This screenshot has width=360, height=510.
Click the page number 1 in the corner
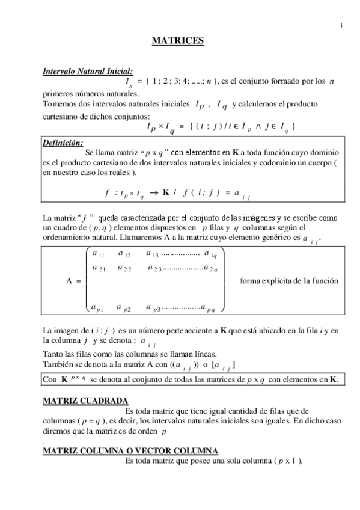point(341,25)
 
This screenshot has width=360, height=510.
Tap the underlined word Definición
point(63,143)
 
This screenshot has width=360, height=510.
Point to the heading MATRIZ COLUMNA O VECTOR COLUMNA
point(130,451)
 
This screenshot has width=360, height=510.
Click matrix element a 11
point(99,254)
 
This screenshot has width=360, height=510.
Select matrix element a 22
point(124,268)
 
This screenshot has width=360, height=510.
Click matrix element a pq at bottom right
point(212,309)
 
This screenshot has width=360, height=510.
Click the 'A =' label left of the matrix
point(73,281)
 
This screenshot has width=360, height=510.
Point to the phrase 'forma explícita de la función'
point(288,281)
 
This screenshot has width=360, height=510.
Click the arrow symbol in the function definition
point(153,192)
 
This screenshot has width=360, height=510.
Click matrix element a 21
point(99,268)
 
